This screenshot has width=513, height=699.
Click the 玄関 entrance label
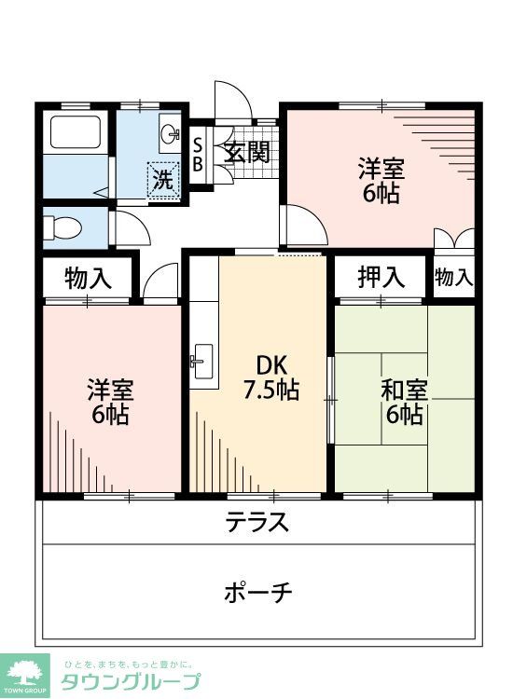click(x=247, y=152)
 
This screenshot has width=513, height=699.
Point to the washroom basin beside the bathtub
click(x=170, y=135)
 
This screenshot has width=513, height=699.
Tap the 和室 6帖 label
click(x=404, y=401)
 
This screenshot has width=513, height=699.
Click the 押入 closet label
click(x=381, y=276)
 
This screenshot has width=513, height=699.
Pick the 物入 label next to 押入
click(x=454, y=277)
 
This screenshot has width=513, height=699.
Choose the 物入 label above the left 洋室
click(x=89, y=278)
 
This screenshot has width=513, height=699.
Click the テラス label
click(x=256, y=523)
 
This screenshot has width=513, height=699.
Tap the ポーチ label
click(x=258, y=591)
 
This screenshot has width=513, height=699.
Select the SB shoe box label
click(x=198, y=152)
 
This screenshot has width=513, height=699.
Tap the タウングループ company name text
click(x=131, y=681)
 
